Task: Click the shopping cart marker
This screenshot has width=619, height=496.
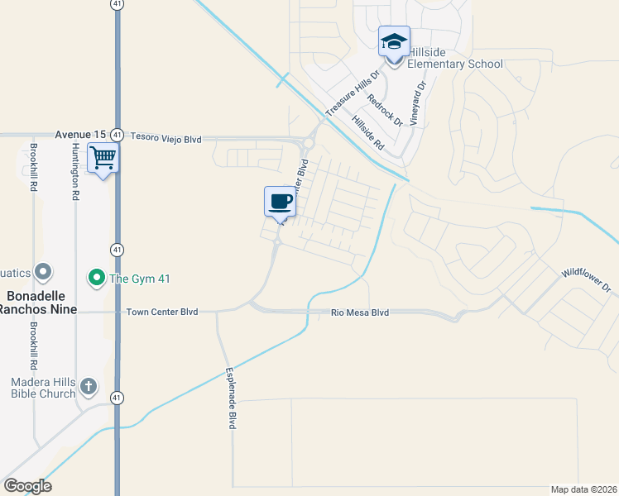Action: click(x=103, y=156)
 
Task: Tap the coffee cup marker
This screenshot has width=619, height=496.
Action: click(x=280, y=202)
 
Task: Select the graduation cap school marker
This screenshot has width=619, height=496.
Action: click(x=394, y=41)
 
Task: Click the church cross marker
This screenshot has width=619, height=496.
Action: click(x=89, y=386)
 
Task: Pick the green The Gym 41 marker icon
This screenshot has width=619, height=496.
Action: click(x=96, y=277)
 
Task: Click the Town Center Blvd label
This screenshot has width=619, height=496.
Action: click(x=162, y=312)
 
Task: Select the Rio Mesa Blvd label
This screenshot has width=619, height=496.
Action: click(x=359, y=312)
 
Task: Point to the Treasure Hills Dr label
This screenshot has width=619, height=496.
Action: click(x=352, y=93)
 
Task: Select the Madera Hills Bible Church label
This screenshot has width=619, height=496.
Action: click(x=43, y=388)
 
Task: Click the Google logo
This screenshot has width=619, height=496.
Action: click(x=27, y=486)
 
